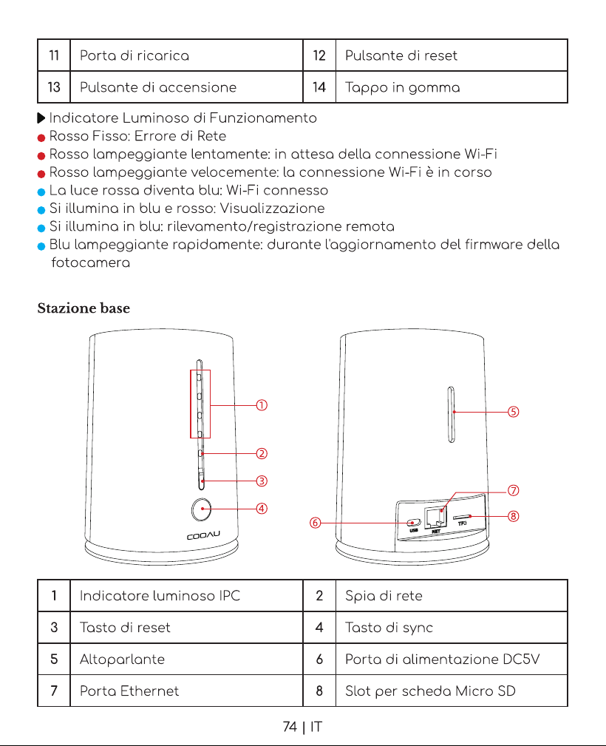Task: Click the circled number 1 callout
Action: pos(262,405)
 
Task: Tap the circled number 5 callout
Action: pos(513,412)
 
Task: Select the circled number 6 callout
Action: pos(315,523)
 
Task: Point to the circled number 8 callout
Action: pos(513,516)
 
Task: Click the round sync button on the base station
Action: pos(201,509)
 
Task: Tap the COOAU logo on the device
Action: pos(203,536)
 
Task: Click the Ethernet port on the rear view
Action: pos(435,517)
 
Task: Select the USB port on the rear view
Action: pos(414,523)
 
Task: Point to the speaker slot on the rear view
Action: pos(452,414)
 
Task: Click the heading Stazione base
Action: pos(84,308)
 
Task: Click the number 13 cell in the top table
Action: pos(54,87)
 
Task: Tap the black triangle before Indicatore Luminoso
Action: pos(41,118)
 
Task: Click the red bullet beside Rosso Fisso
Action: pos(41,138)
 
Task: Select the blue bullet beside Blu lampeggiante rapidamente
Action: pos(41,246)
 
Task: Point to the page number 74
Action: pos(290,727)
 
